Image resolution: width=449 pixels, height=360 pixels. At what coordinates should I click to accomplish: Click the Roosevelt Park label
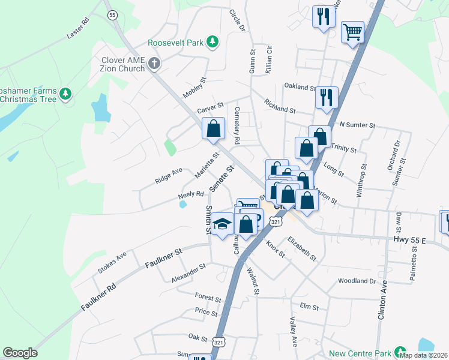click(175, 43)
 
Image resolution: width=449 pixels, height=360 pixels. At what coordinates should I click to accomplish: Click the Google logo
click(20, 353)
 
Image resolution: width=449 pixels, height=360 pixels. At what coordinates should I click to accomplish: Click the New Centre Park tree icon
click(399, 352)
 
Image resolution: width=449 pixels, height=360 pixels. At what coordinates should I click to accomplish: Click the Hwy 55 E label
click(409, 240)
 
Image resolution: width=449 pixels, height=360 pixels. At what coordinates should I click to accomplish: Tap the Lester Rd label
click(77, 29)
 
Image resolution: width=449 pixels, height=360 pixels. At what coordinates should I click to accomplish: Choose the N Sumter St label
click(357, 125)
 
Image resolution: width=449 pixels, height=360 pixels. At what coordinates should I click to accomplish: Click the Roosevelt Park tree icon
click(212, 41)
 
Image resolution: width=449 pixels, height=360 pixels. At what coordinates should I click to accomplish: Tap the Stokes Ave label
click(112, 263)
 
